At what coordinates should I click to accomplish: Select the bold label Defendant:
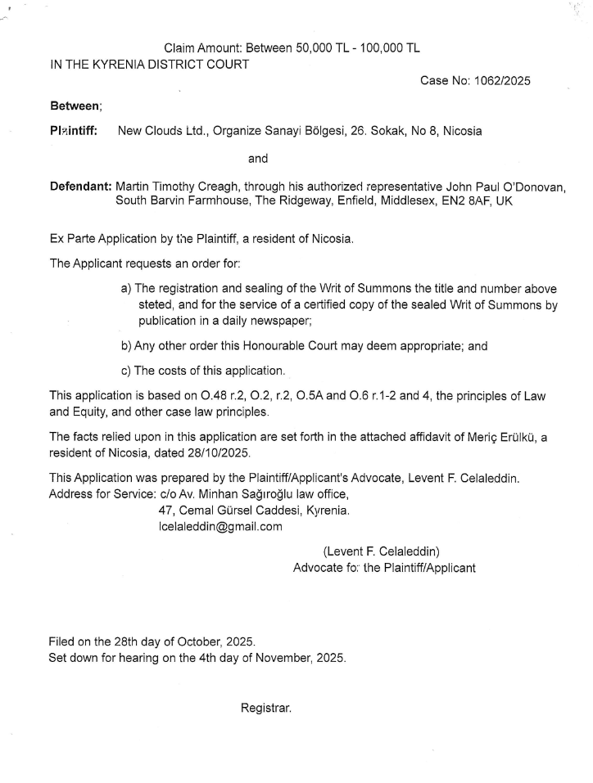(x=80, y=186)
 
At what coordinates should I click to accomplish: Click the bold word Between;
(x=75, y=106)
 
